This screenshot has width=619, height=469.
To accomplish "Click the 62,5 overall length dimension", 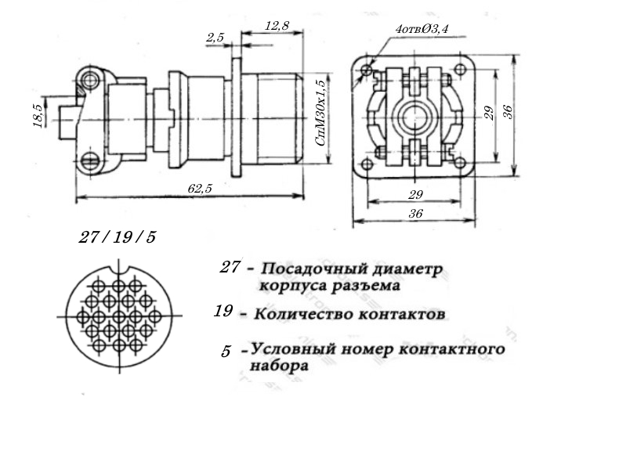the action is (x=200, y=189).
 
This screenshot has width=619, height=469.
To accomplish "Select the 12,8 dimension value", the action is (x=277, y=26).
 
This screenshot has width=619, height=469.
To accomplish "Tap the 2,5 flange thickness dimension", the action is (x=215, y=38).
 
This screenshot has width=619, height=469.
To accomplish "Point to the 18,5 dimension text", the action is (x=38, y=115).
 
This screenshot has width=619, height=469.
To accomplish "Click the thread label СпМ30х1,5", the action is (x=320, y=113).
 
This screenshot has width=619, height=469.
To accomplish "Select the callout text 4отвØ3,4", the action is (x=422, y=29).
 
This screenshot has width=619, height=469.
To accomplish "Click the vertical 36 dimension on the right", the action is (x=508, y=112).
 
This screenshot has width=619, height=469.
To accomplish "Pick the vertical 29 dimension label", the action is (x=489, y=114).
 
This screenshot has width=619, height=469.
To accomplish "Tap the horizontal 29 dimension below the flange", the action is (x=415, y=194).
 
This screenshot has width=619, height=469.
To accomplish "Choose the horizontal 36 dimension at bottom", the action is (x=415, y=214).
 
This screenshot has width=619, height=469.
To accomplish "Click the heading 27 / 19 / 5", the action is (x=118, y=237).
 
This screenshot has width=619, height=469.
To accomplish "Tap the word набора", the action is (x=279, y=366).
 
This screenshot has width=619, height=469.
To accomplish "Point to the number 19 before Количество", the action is (x=223, y=311).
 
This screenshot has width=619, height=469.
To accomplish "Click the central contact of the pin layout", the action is (x=118, y=316).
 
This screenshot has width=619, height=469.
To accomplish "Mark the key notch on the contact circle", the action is (x=119, y=269).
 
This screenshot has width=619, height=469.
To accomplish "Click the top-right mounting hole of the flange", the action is (x=460, y=70).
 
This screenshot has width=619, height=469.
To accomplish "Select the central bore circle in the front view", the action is (x=414, y=117).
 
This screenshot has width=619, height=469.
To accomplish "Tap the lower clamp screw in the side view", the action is (x=91, y=161).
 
